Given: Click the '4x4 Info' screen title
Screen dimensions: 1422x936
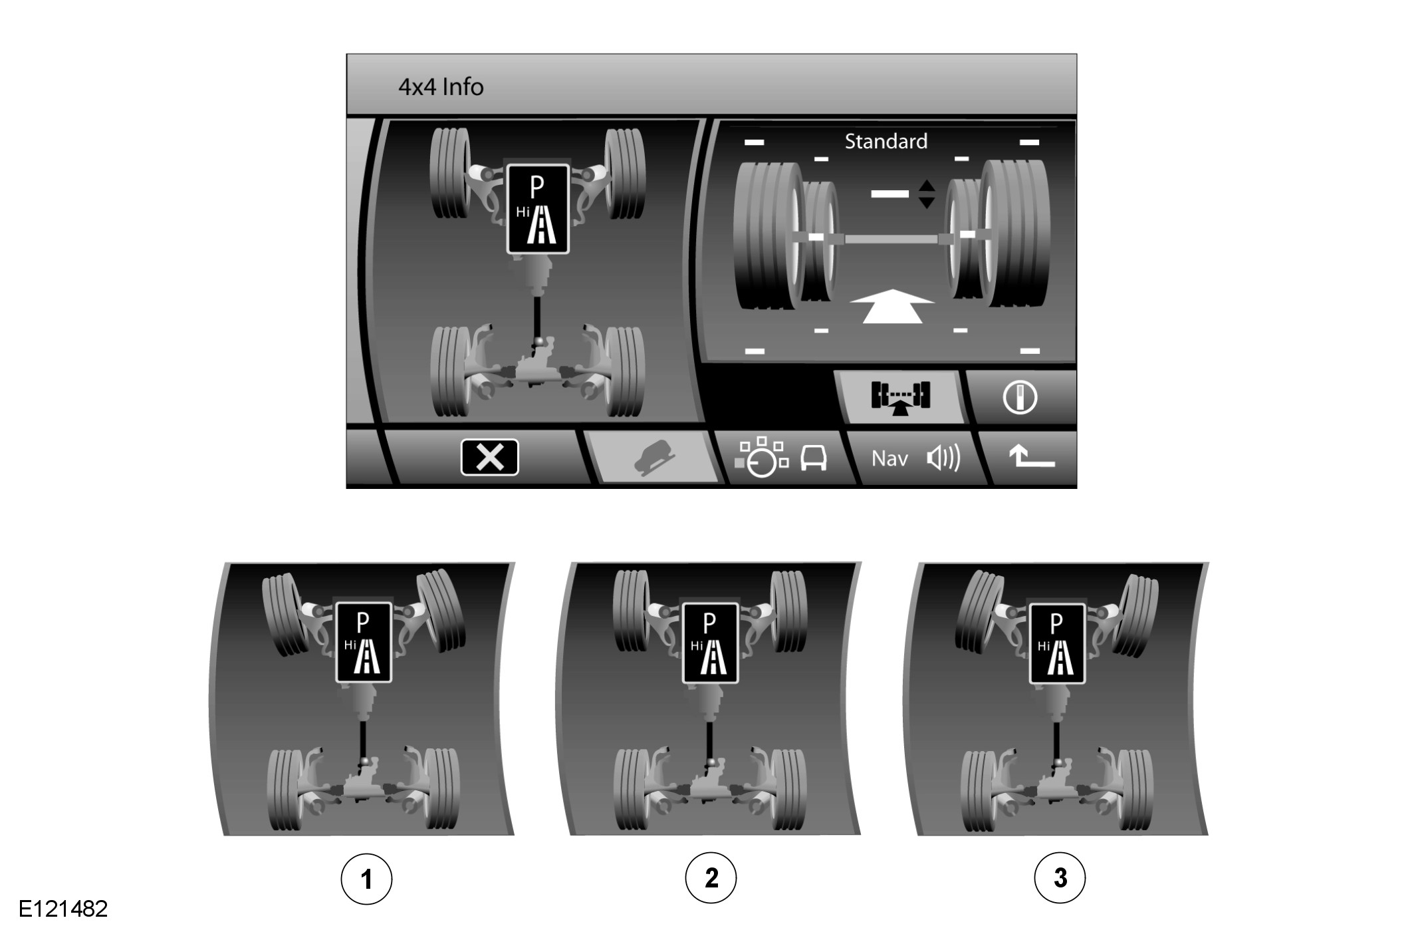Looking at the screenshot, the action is coord(441,87).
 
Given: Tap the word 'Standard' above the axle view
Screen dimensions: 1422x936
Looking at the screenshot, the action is coord(886,141).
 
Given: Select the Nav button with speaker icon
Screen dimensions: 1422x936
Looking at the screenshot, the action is coord(915,458).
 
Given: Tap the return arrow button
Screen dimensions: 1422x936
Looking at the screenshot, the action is coord(1031,457).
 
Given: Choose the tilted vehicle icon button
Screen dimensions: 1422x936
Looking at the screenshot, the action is coord(655,457).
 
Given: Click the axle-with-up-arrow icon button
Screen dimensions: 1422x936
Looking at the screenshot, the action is coord(901,397).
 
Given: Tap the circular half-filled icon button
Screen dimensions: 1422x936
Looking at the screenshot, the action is coord(1020,397).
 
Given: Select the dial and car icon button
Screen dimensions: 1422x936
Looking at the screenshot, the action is coord(782,457).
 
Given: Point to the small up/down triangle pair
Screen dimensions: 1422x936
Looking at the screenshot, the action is coord(927,194).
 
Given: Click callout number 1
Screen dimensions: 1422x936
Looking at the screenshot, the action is coord(366,879).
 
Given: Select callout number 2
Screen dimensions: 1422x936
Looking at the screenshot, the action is coord(711,877).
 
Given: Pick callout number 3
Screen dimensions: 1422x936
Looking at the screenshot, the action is coord(1060,877).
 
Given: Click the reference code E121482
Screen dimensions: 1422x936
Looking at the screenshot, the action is coord(63,909).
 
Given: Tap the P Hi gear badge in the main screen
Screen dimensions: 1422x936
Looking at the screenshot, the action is coord(538,209).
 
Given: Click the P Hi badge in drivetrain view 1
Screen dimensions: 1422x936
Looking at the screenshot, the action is coord(364,642).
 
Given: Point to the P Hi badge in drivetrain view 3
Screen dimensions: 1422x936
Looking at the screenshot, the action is coord(1057,643).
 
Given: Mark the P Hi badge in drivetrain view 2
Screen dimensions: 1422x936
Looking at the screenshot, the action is coord(710,643).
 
